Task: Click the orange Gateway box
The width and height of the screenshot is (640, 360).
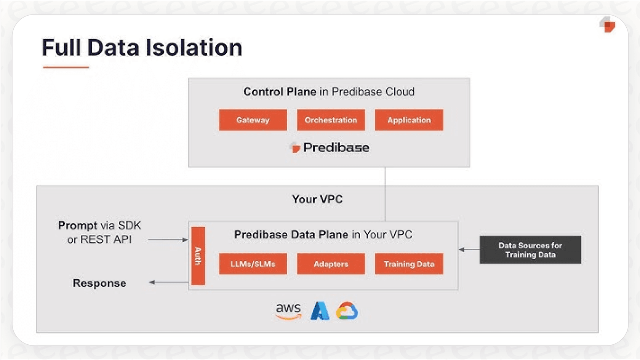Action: click(x=253, y=120)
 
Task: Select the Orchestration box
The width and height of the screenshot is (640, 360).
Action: click(x=331, y=120)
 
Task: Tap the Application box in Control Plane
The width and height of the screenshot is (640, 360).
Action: click(x=409, y=120)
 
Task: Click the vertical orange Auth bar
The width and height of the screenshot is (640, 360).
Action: click(x=198, y=256)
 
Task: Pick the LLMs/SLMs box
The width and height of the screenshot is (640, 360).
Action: click(x=253, y=264)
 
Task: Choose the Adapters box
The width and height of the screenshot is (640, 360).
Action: click(x=331, y=264)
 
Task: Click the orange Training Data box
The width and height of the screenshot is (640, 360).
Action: click(x=409, y=264)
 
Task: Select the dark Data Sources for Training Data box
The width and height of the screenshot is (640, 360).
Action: click(x=530, y=250)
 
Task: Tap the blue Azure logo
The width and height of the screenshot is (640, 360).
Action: click(x=320, y=311)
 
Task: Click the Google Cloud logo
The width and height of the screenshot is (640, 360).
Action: click(x=347, y=311)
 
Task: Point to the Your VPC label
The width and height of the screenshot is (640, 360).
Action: click(x=317, y=199)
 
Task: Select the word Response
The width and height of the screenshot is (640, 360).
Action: click(x=99, y=283)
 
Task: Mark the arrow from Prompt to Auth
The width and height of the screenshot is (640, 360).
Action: click(x=168, y=240)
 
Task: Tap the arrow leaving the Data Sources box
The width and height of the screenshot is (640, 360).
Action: click(x=469, y=250)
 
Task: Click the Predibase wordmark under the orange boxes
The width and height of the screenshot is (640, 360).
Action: click(x=336, y=148)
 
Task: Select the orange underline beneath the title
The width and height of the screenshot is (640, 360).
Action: click(x=66, y=67)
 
